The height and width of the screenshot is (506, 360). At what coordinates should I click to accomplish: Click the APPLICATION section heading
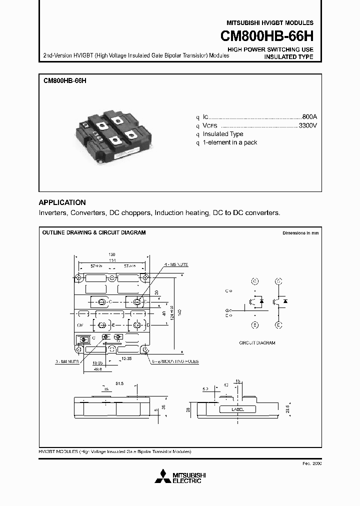62,202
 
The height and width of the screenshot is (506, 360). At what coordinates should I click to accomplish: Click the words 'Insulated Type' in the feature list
223,134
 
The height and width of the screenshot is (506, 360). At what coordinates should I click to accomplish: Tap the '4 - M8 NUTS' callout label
175,264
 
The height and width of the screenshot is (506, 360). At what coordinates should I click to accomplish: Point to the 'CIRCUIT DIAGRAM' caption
257,343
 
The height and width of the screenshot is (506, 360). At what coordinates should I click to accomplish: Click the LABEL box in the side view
237,409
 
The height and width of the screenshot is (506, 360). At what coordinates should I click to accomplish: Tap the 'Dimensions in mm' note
300,233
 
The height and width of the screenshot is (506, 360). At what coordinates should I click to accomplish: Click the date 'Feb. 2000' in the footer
311,463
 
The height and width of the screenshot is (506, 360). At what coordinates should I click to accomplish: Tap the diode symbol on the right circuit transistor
285,301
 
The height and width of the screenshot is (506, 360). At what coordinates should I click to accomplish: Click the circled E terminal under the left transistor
254,324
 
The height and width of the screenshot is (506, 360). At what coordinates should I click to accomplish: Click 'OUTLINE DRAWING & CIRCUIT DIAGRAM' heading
94,233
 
